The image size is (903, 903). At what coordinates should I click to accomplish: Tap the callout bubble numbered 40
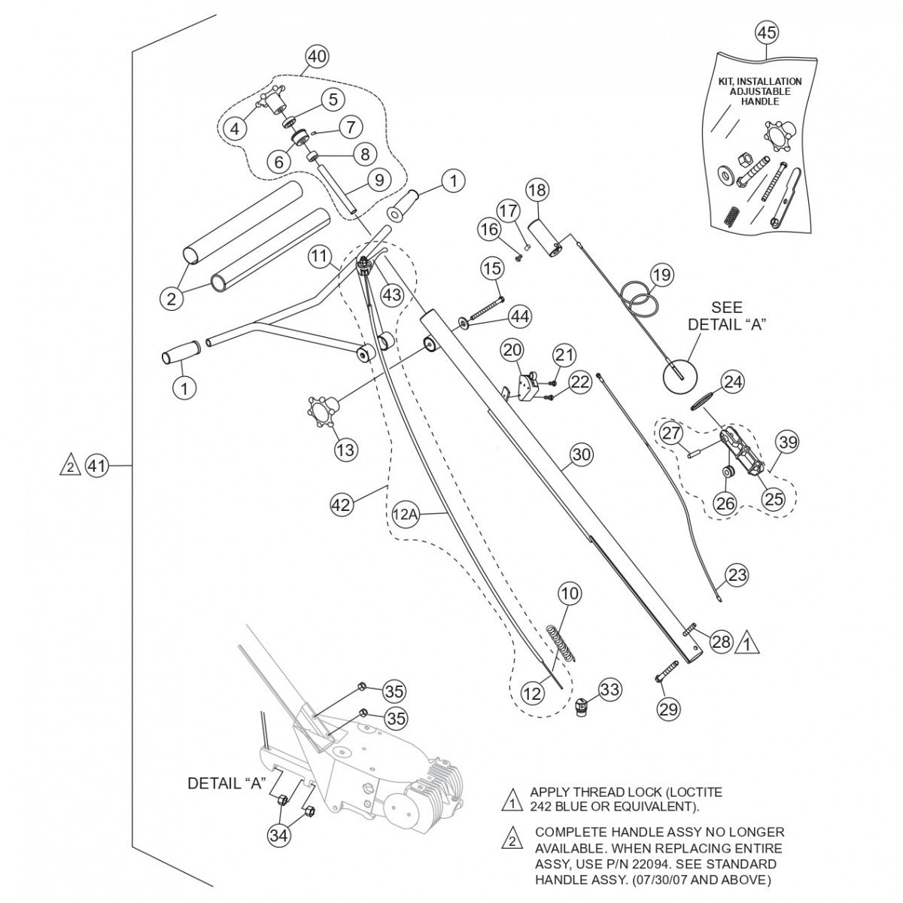click(x=317, y=56)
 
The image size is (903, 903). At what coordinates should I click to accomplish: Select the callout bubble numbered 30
click(x=582, y=455)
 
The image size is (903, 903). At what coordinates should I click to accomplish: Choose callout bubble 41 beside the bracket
click(x=96, y=467)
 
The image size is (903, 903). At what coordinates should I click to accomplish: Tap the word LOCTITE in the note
click(x=688, y=792)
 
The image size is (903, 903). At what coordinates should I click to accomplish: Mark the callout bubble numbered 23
click(x=738, y=576)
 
